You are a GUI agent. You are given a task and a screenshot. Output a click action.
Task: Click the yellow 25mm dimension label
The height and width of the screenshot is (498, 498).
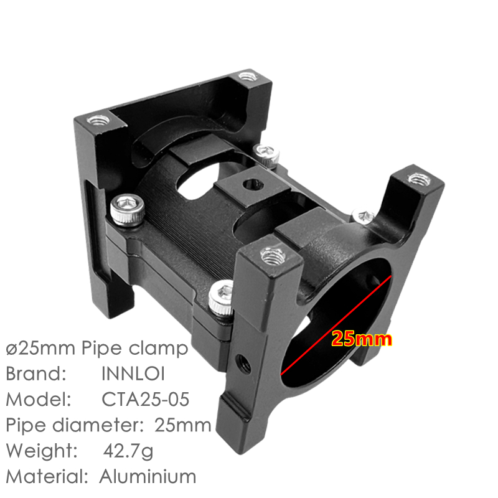point(362,339)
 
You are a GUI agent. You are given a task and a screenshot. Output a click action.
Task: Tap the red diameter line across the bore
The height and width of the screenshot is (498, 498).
point(336,326)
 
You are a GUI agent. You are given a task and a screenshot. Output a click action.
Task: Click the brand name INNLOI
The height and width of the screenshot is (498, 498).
point(133,374)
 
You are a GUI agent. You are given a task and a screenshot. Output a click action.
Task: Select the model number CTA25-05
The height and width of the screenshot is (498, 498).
point(146,400)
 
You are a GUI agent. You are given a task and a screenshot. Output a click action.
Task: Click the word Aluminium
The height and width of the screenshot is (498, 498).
point(148,477)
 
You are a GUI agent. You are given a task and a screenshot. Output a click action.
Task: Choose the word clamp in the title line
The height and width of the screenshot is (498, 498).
point(158,349)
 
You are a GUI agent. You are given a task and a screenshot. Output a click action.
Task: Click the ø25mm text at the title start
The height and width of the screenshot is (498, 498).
point(40,348)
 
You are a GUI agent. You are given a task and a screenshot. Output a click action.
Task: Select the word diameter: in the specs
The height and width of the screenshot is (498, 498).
point(98,425)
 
